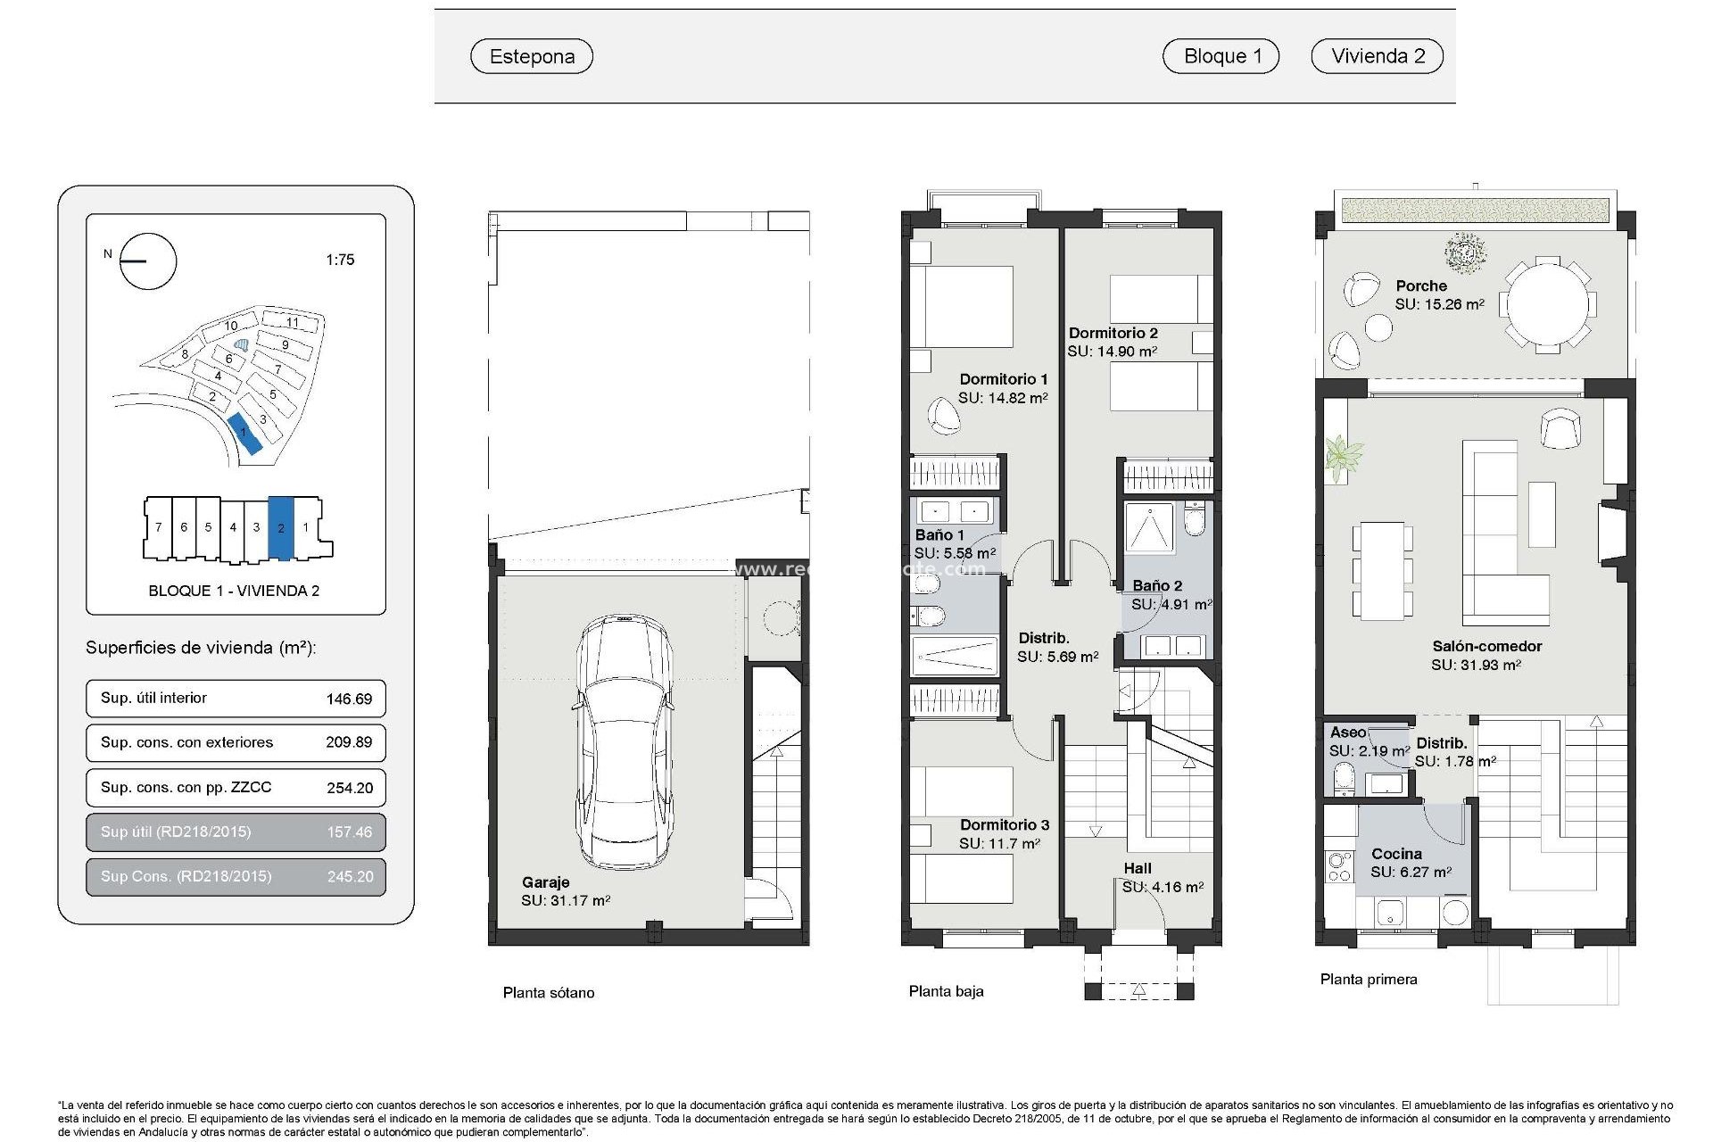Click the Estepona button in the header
pos(532,56)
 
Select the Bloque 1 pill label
pos(1221,56)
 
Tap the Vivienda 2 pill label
pos(1378,56)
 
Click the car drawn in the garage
pos(624,741)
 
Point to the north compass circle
pos(148,261)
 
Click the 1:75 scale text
pos(340,260)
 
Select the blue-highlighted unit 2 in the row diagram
pos(281,527)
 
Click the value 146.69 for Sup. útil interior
pos(349,699)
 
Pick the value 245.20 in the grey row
pos(350,876)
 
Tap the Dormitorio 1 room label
pos(1004,379)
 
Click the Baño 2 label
pos(1157,585)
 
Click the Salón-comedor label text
pos(1486,646)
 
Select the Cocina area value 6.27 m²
pos(1411,872)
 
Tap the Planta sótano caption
pos(548,992)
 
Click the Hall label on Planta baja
pos(1138,868)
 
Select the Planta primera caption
pos(1369,979)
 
